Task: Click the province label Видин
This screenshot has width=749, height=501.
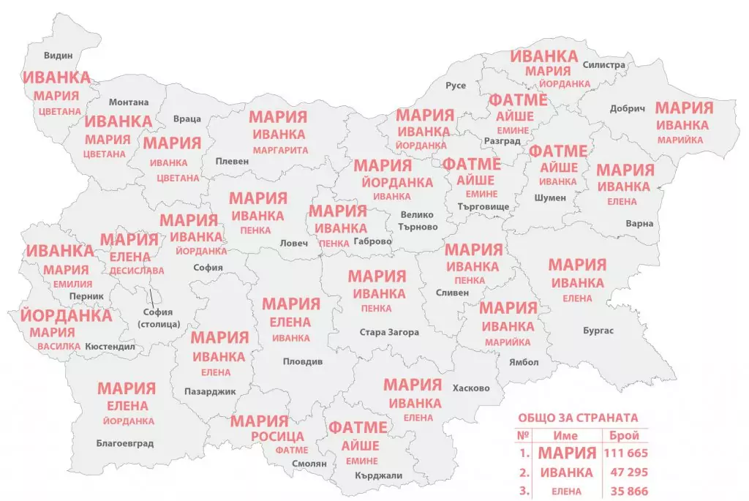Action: point(59,56)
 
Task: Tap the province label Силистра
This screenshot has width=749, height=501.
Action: point(604,65)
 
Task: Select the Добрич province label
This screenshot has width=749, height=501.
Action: point(628,109)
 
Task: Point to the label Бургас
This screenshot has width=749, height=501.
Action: point(598,331)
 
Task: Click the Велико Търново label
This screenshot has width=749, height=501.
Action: point(418,221)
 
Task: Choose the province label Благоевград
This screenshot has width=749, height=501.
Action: point(125,442)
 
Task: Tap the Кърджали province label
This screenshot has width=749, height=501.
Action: point(379,475)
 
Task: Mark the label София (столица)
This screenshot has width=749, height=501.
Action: point(157,318)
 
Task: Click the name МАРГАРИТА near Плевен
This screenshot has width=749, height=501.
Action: point(280,150)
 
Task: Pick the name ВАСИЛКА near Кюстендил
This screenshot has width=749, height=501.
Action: point(59,346)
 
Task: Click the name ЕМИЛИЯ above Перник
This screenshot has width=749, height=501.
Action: point(67,284)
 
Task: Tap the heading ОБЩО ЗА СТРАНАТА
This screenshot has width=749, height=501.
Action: point(578,418)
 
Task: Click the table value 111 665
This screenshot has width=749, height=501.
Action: point(625,453)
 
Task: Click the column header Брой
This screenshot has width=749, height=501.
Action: point(624,435)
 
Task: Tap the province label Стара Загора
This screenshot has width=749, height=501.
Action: point(389,332)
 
